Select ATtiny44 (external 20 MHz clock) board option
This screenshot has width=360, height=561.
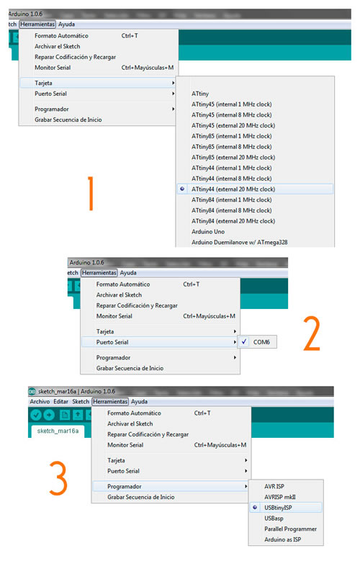(233, 189)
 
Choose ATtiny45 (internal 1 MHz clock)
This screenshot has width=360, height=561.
(232, 104)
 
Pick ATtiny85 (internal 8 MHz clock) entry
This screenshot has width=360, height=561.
(232, 147)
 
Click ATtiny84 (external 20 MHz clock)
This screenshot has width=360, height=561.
(233, 221)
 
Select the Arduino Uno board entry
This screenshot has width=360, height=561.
(208, 232)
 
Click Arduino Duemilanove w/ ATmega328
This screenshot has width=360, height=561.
(240, 242)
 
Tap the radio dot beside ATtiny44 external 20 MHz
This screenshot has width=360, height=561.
(182, 189)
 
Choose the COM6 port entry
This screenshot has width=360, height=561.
(261, 342)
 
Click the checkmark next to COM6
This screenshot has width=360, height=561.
(243, 341)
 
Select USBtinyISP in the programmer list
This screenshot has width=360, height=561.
(278, 508)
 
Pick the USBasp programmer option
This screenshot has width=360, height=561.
(274, 519)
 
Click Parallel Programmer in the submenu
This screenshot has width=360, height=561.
(291, 529)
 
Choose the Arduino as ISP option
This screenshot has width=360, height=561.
(283, 539)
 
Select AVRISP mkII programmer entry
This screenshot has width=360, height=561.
(280, 497)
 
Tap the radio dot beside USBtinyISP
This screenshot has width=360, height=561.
(255, 507)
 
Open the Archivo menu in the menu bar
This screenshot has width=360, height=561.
(40, 401)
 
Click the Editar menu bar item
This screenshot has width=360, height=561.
(60, 401)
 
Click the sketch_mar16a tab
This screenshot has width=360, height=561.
(58, 431)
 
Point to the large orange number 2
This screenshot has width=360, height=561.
(312, 333)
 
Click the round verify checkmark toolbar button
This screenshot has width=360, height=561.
(36, 415)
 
